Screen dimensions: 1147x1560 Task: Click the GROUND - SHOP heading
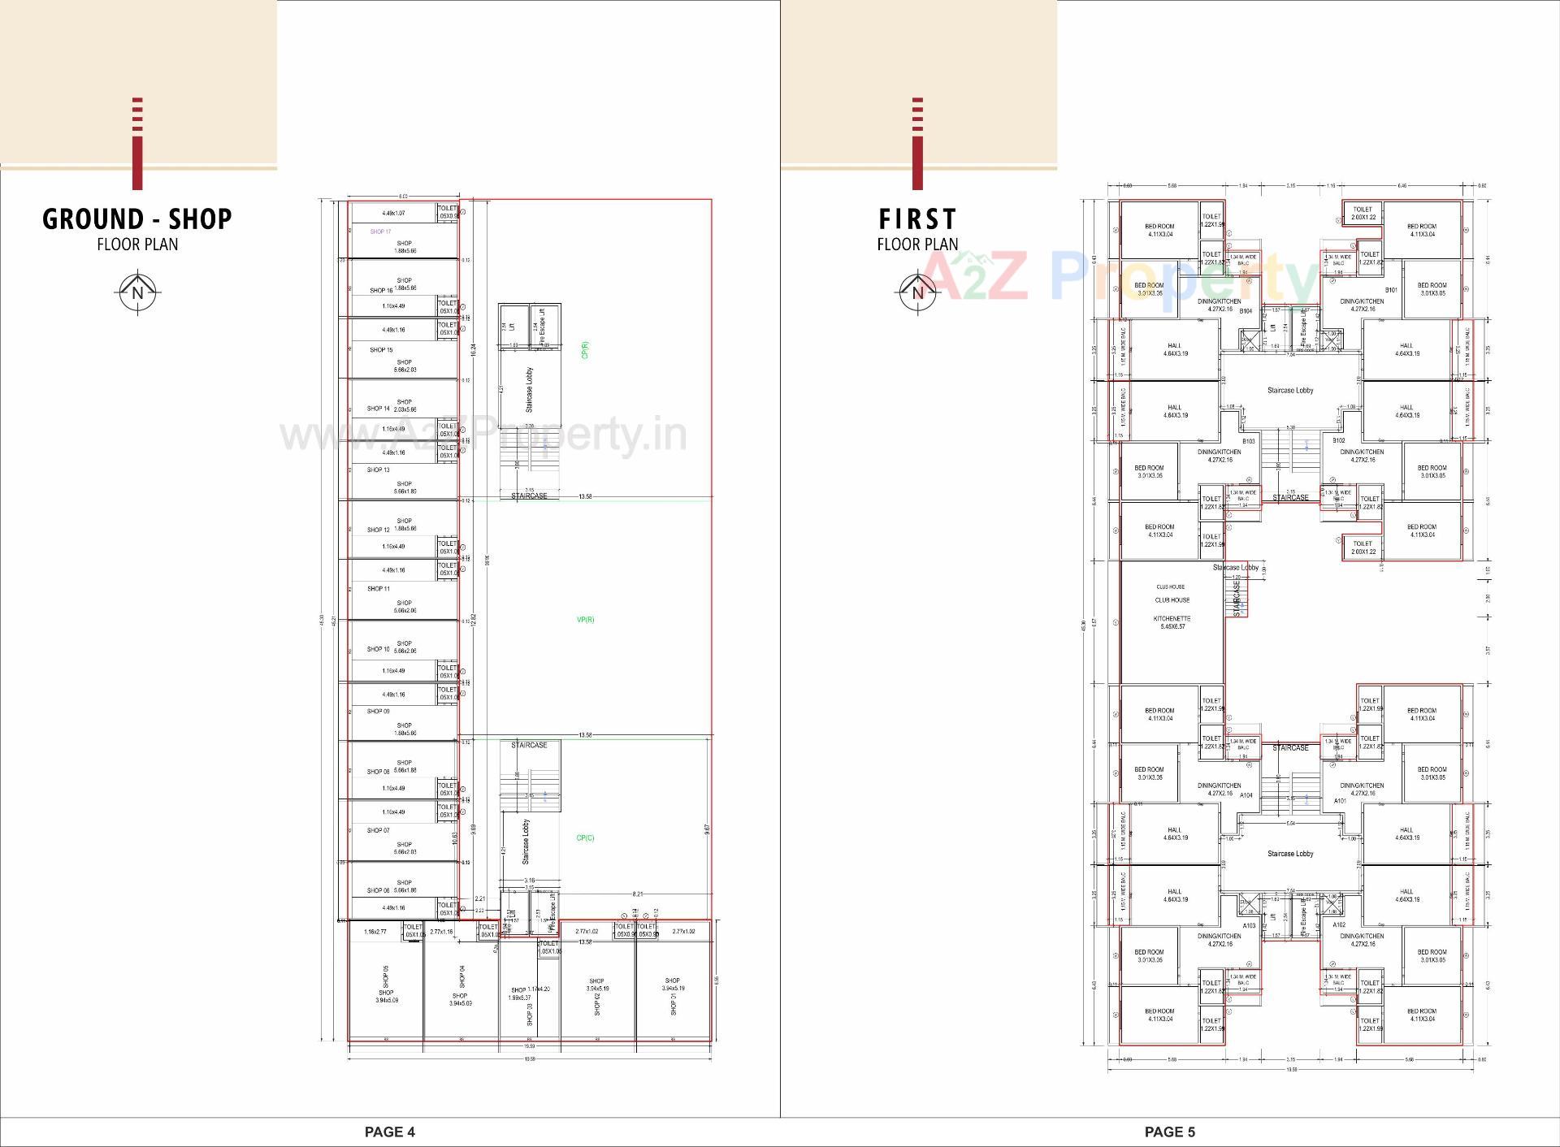137,219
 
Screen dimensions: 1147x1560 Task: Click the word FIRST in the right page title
917,219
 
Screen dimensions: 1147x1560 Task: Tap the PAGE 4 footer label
389,1132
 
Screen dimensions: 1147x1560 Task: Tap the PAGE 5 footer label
1169,1132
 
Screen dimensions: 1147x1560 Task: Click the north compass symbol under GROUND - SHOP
137,292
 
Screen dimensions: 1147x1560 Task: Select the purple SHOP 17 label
380,232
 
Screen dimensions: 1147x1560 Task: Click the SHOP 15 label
381,350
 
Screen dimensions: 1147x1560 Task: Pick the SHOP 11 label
379,589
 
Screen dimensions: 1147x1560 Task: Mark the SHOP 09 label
379,712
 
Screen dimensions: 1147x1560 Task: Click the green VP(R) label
586,620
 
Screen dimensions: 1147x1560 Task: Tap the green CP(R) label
585,350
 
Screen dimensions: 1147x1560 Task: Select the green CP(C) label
585,838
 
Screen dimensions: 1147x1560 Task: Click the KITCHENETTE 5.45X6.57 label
1172,623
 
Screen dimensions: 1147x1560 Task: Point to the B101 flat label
1391,290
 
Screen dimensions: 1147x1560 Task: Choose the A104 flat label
1246,795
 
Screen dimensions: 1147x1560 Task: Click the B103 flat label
1249,441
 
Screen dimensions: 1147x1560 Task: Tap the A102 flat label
1340,925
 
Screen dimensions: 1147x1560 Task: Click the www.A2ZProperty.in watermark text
483,436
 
